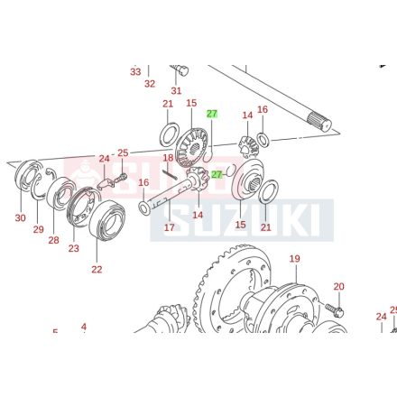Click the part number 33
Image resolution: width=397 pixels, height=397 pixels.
pyautogui.click(x=135, y=71)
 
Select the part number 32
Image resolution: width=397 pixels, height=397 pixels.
pyautogui.click(x=150, y=83)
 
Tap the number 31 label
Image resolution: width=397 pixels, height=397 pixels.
pyautogui.click(x=176, y=90)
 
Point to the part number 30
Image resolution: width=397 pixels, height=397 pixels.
pyautogui.click(x=20, y=217)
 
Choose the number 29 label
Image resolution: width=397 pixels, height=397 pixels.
pyautogui.click(x=38, y=230)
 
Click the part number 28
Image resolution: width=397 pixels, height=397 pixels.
pyautogui.click(x=54, y=240)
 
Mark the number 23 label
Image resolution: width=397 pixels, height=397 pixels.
pyautogui.click(x=74, y=249)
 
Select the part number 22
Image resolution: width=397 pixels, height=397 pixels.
pyautogui.click(x=97, y=268)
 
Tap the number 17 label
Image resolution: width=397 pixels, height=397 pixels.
pyautogui.click(x=169, y=227)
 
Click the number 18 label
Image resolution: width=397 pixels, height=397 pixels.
pyautogui.click(x=168, y=158)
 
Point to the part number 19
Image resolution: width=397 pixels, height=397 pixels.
pyautogui.click(x=294, y=260)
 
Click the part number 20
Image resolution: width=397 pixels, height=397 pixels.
pyautogui.click(x=338, y=287)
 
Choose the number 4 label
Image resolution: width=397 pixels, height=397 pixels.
pyautogui.click(x=84, y=327)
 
